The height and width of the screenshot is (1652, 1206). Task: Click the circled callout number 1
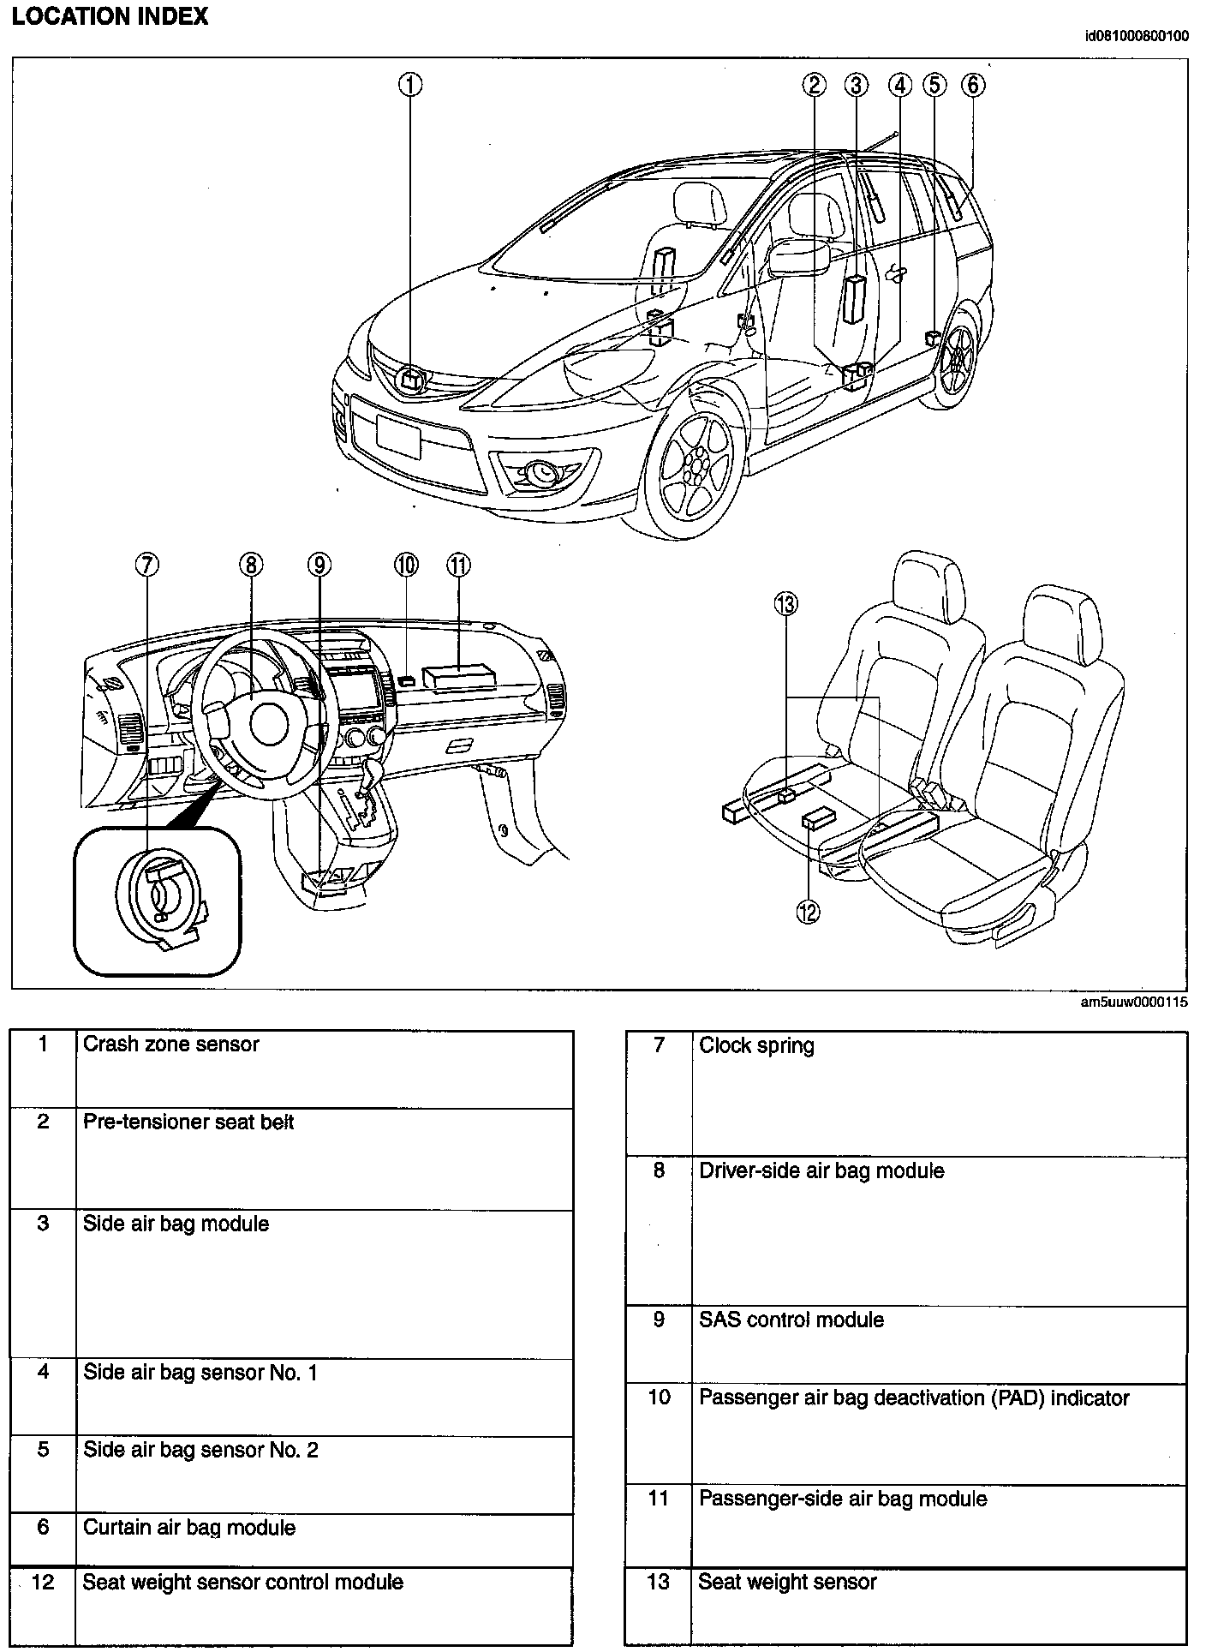click(411, 85)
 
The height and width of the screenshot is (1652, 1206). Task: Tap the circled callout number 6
click(973, 85)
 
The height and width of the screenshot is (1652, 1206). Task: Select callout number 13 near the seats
click(785, 604)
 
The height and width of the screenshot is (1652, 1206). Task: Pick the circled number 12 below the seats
click(808, 913)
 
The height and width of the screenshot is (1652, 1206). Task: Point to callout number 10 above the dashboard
click(406, 565)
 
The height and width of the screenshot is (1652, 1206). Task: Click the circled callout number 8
click(250, 565)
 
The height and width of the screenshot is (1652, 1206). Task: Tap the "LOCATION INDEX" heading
click(110, 17)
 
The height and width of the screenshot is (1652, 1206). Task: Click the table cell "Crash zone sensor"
click(170, 1044)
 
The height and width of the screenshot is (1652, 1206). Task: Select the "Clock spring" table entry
click(756, 1045)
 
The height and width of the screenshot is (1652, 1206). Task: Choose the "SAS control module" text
click(791, 1320)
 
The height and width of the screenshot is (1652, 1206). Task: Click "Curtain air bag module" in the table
click(188, 1528)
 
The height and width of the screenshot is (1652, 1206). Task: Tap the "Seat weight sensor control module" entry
click(242, 1582)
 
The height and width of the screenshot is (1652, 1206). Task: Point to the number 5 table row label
click(43, 1450)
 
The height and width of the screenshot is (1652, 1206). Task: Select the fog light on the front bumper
click(541, 470)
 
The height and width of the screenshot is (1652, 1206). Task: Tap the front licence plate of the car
click(398, 435)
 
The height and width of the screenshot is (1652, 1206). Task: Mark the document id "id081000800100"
click(1136, 36)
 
